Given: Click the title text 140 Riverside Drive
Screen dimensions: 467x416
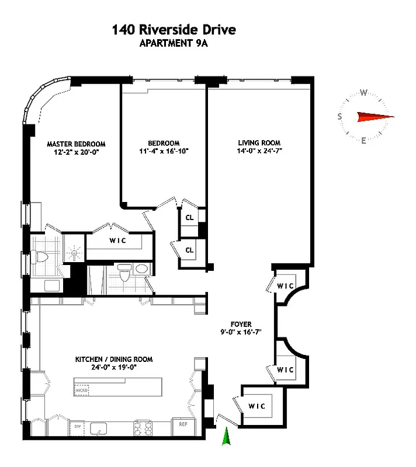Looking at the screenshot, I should pyautogui.click(x=175, y=30).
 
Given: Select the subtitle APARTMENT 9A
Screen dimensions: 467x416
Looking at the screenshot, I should pyautogui.click(x=175, y=43).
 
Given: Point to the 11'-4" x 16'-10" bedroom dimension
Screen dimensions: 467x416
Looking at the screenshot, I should pyautogui.click(x=163, y=151).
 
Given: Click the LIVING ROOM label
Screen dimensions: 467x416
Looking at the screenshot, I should pyautogui.click(x=259, y=143).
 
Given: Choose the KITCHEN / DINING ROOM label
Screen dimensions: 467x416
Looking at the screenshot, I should pyautogui.click(x=113, y=360).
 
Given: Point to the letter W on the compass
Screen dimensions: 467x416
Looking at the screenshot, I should pyautogui.click(x=363, y=92).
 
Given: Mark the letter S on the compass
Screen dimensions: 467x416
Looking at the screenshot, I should pyautogui.click(x=339, y=117).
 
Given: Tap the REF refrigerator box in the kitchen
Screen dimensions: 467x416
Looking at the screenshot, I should pyautogui.click(x=182, y=425).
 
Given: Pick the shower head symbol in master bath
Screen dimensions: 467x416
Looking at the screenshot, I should pyautogui.click(x=74, y=252).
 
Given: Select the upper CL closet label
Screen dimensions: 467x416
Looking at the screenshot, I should pyautogui.click(x=189, y=217).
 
